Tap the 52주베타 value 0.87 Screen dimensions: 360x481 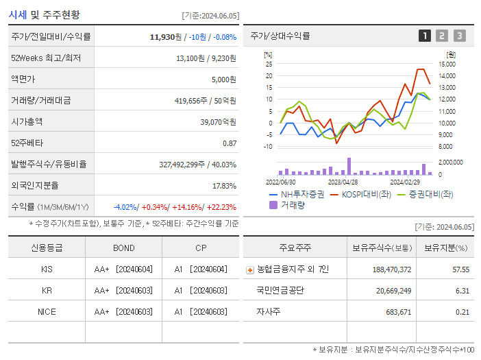(229, 143)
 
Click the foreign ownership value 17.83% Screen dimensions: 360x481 (224, 186)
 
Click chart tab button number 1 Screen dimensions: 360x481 (425, 36)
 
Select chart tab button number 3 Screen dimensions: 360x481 (459, 36)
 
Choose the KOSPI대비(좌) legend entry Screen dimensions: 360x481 (363, 194)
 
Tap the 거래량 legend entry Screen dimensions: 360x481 (292, 204)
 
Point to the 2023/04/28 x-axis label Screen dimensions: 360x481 (343, 182)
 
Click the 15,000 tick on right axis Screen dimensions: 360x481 (446, 64)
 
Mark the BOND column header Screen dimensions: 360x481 (123, 248)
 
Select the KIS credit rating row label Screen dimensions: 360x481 (47, 269)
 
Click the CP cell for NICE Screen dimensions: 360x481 (200, 312)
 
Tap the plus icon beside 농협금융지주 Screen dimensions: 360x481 (249, 270)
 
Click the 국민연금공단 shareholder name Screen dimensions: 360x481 (280, 291)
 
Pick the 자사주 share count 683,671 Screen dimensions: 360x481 (393, 312)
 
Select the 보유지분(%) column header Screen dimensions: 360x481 (445, 248)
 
